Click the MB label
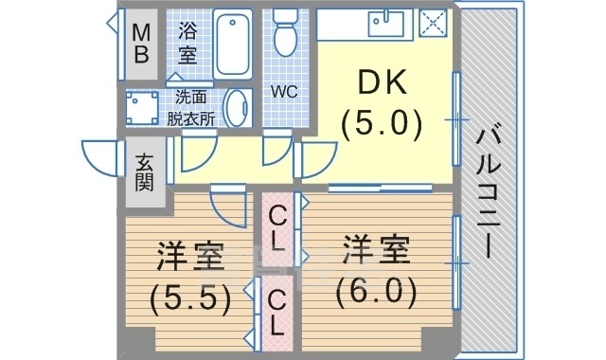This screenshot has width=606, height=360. pyautogui.click(x=140, y=43)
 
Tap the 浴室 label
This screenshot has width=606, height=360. pyautogui.click(x=187, y=43)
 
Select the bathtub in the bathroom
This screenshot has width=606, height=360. pyautogui.click(x=232, y=45)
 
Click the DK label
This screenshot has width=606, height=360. pyautogui.click(x=383, y=84)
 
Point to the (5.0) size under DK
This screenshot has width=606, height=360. pyautogui.click(x=383, y=123)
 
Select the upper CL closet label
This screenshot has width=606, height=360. pyautogui.click(x=276, y=227)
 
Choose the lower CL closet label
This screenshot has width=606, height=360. pyautogui.click(x=276, y=314)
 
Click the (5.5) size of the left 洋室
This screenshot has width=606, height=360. pyautogui.click(x=189, y=299)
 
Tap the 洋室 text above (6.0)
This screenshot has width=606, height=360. pyautogui.click(x=376, y=251)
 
